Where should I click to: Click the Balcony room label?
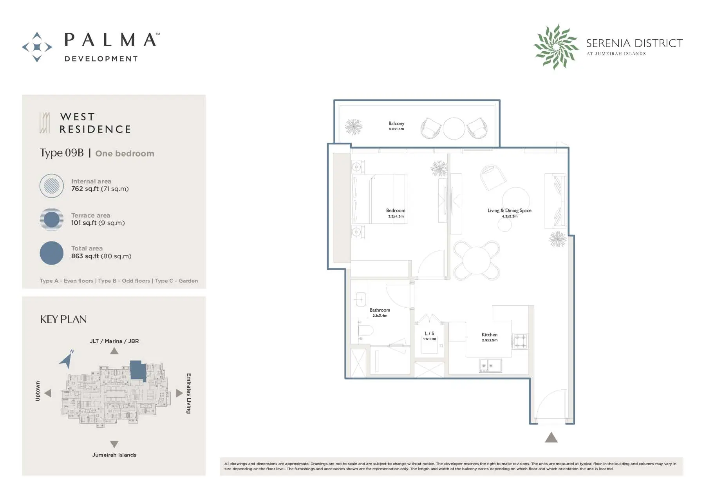click(396, 123)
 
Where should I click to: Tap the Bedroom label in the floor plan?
click(396, 210)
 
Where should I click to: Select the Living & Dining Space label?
click(510, 210)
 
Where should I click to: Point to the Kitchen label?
click(490, 335)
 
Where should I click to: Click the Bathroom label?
click(380, 310)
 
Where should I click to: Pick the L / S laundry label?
click(430, 334)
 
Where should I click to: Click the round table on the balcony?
click(454, 129)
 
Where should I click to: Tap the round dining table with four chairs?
click(477, 261)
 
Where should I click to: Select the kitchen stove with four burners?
click(520, 341)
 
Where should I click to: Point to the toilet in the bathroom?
click(365, 330)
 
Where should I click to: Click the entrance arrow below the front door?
click(551, 437)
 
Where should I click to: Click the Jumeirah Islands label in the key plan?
click(114, 455)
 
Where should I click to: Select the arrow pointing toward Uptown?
click(48, 393)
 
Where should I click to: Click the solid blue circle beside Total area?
click(52, 253)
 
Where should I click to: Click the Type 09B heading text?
click(62, 153)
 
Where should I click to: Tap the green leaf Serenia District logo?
click(556, 47)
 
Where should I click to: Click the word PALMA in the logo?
click(110, 40)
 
